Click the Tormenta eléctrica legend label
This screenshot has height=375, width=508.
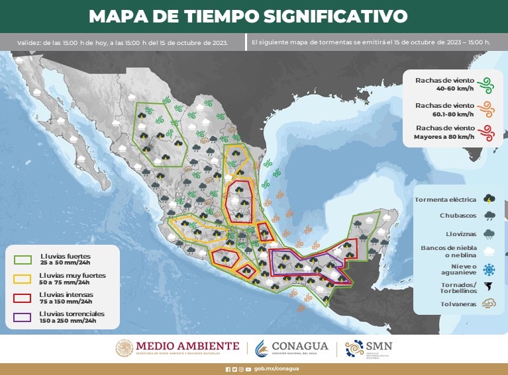[445, 199]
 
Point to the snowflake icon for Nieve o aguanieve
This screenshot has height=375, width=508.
[489, 270]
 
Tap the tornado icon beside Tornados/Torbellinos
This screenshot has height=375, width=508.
[489, 287]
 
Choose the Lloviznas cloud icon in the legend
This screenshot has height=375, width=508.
[489, 233]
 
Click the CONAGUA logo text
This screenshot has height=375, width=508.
[301, 347]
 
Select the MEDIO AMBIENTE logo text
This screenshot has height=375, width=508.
[187, 345]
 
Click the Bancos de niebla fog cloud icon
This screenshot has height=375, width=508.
[489, 251]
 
